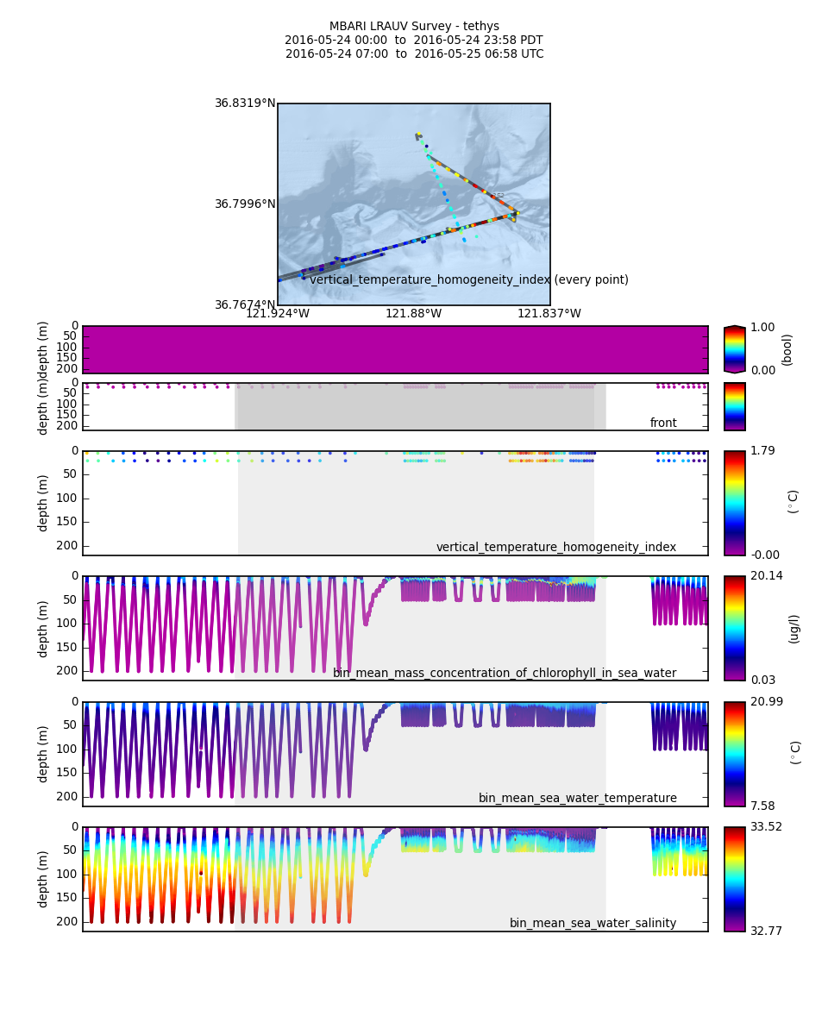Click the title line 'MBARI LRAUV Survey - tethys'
pos(414,27)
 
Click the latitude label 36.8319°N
pos(245,103)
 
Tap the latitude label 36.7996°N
pos(245,204)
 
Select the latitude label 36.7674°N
pos(245,305)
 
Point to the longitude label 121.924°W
pos(278,314)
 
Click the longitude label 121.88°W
pos(413,314)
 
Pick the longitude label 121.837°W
pos(549,314)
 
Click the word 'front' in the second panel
pos(663,423)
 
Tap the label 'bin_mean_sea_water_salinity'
pos(593,923)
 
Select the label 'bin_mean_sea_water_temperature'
pos(577,798)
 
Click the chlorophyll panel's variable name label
pos(505,673)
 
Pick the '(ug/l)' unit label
pos(794,628)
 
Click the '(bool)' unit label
pos(787,349)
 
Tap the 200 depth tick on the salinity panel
pos(68,921)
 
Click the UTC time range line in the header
pos(414,54)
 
